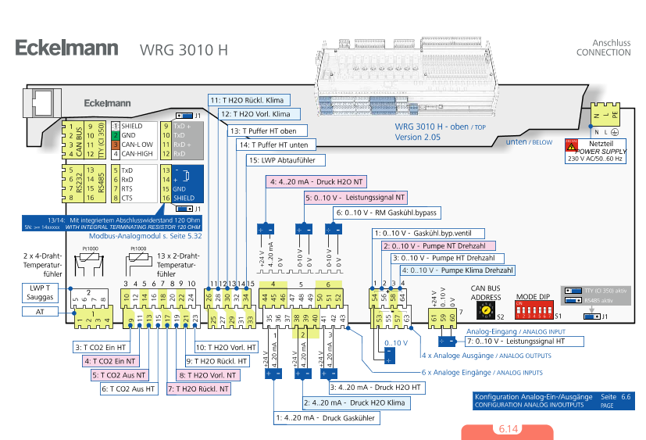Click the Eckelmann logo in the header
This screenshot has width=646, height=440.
66,48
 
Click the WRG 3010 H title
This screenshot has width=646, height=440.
184,50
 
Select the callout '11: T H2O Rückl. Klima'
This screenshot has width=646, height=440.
249,100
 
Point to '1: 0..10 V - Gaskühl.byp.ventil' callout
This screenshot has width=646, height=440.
428,233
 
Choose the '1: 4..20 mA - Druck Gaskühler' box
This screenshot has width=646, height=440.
327,418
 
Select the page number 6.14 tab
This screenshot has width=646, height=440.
507,430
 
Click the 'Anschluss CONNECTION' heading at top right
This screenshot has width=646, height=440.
604,47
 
